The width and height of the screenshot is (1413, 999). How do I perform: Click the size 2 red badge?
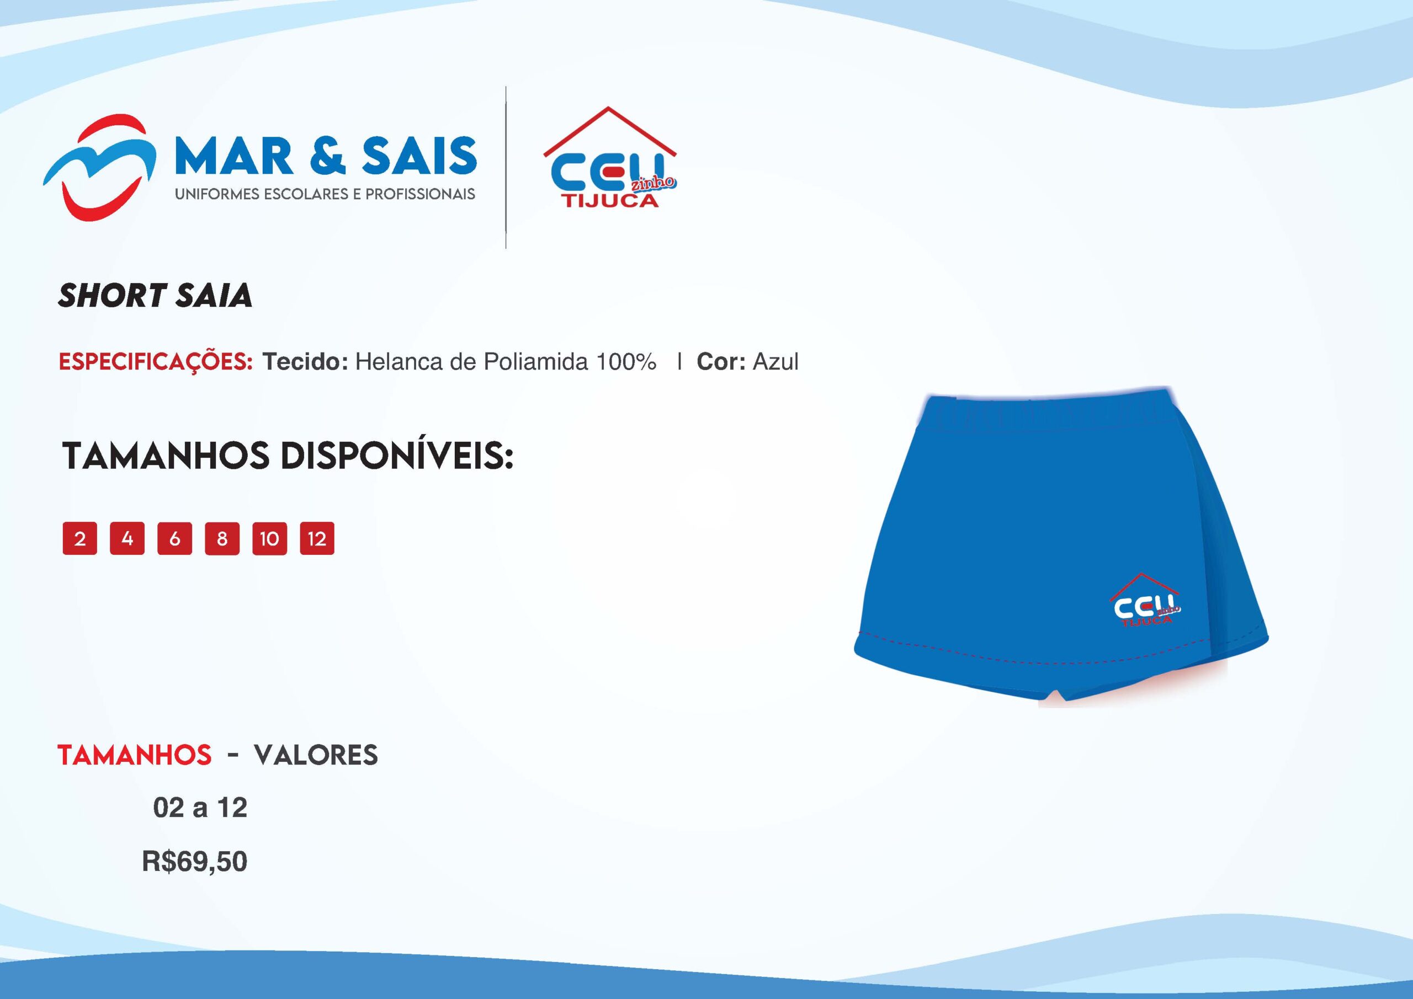click(x=79, y=539)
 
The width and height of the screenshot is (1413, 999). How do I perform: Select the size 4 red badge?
click(x=127, y=539)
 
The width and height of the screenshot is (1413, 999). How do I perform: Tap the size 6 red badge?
click(x=175, y=539)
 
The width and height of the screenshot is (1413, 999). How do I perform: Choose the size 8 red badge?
click(x=222, y=539)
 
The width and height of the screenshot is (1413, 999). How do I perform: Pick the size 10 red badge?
click(x=269, y=539)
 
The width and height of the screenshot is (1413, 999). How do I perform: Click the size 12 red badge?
click(x=317, y=539)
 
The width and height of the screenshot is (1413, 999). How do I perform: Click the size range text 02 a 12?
click(x=200, y=808)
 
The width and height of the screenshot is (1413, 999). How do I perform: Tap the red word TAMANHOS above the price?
click(x=135, y=755)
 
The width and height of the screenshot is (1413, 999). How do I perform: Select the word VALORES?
click(x=316, y=755)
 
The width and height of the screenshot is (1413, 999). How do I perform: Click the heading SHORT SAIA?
click(x=155, y=295)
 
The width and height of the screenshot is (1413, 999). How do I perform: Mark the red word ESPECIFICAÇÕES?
click(x=156, y=362)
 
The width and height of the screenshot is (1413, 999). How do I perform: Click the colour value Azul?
click(x=775, y=362)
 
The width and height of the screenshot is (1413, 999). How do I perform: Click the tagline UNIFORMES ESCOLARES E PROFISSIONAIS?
click(x=325, y=194)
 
